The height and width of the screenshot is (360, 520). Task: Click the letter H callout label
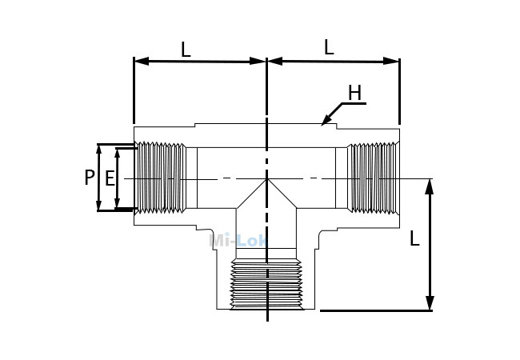354,93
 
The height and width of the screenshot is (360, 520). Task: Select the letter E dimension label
110,178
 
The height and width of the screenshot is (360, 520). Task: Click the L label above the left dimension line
186,50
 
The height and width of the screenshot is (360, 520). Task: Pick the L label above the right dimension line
329,47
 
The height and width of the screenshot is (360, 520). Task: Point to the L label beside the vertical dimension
414,238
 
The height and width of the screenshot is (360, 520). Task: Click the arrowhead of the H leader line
326,120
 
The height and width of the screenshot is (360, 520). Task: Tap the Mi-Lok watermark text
238,240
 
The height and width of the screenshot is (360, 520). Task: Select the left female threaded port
162,178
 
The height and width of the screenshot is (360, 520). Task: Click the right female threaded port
373,178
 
